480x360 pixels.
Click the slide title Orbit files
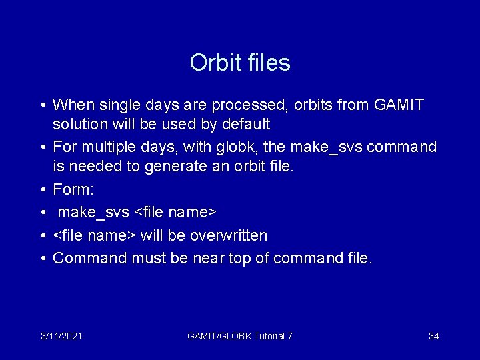point(240,63)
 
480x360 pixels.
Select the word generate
point(181,165)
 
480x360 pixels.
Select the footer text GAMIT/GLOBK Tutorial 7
point(239,336)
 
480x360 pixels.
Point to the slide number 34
point(433,336)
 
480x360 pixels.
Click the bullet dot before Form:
point(42,190)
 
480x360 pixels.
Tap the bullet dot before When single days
point(42,105)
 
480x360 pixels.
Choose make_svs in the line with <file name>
point(93,213)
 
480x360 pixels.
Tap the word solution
point(78,124)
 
